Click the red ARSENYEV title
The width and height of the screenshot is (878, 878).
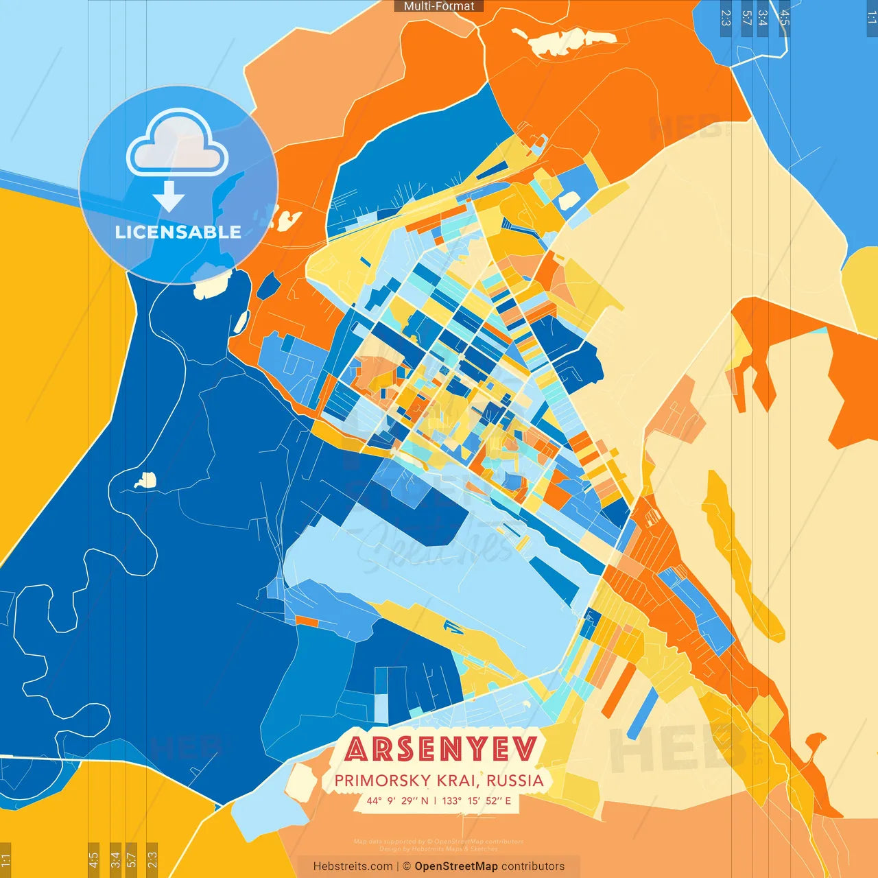440,749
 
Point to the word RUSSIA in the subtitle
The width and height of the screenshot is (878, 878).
514,781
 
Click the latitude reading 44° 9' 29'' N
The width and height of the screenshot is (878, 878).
397,800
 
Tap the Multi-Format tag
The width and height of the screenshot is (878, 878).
439,6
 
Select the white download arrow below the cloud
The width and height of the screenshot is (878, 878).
169,196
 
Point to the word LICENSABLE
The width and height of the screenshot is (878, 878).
178,232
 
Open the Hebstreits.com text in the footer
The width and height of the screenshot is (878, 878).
353,866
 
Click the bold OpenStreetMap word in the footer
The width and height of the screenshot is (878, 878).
456,866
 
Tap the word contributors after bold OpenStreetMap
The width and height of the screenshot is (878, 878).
533,866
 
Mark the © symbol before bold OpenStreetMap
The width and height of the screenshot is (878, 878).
407,866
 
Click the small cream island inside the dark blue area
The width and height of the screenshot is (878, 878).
145,480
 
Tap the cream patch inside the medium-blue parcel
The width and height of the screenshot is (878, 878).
569,200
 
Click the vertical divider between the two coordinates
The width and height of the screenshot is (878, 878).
435,800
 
